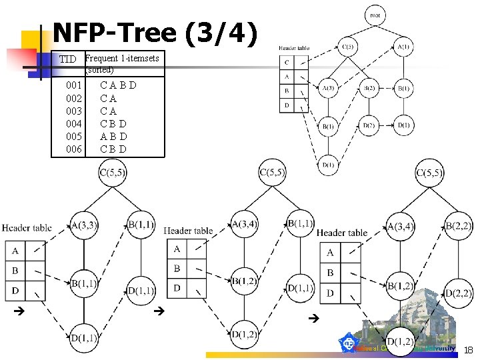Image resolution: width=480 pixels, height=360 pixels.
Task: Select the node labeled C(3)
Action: (347, 47)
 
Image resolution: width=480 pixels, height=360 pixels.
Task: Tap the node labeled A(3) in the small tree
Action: (328, 88)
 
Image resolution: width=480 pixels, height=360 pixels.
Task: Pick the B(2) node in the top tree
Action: (369, 88)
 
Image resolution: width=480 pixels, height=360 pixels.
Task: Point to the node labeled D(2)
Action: (369, 125)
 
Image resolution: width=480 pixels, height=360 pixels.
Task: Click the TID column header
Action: (67, 59)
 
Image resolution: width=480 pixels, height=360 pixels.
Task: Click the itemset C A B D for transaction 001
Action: (118, 85)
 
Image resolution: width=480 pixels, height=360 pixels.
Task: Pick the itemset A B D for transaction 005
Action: (113, 136)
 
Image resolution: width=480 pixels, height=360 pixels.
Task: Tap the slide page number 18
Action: (468, 349)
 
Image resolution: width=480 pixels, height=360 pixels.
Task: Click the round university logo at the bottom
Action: (349, 344)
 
